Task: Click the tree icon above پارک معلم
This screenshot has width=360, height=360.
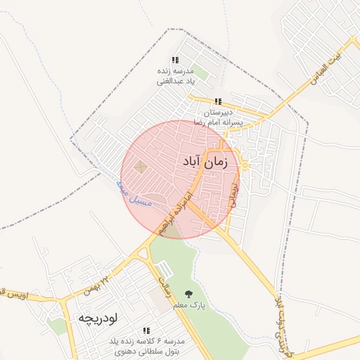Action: [x=188, y=294]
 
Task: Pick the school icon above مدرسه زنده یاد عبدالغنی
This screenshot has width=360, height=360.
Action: [x=174, y=61]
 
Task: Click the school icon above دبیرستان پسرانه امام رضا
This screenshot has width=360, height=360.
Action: [x=218, y=102]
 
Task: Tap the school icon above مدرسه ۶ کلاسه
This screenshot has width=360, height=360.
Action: [x=146, y=330]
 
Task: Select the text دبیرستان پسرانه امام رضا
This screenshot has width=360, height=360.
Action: [x=222, y=117]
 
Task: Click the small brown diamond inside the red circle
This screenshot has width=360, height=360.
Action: [x=141, y=167]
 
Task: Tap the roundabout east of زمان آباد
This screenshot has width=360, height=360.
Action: [x=245, y=165]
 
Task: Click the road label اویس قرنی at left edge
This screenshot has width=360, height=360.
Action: [x=14, y=293]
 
